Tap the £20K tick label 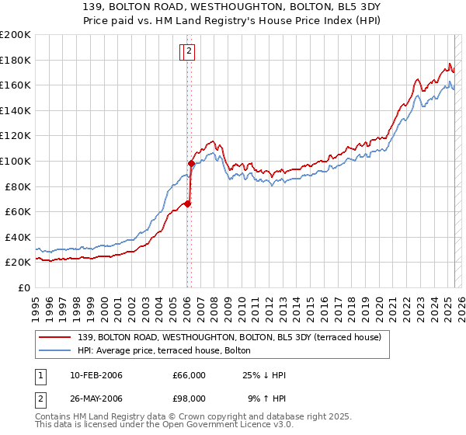[x=17, y=263]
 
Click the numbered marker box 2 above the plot [x=190, y=52]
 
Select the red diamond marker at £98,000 [x=191, y=163]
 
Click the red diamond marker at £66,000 [x=187, y=204]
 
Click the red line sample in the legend [x=56, y=338]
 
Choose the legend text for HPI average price [x=164, y=351]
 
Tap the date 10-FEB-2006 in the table [x=96, y=375]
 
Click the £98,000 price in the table [x=190, y=398]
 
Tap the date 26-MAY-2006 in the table [x=96, y=398]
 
